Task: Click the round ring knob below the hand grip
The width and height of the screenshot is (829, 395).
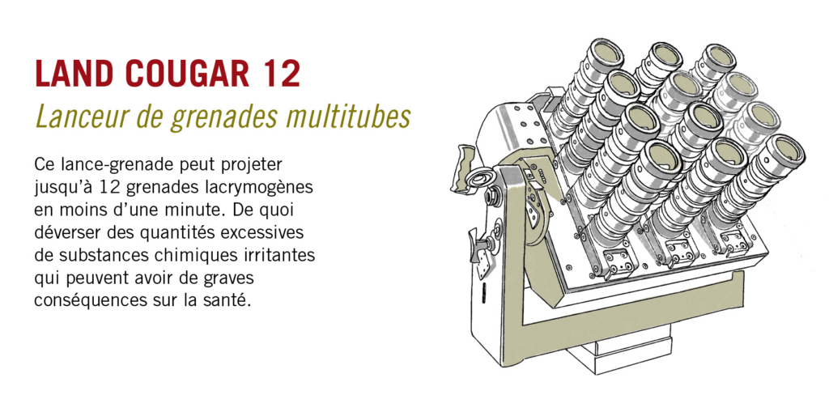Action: [483, 177]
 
